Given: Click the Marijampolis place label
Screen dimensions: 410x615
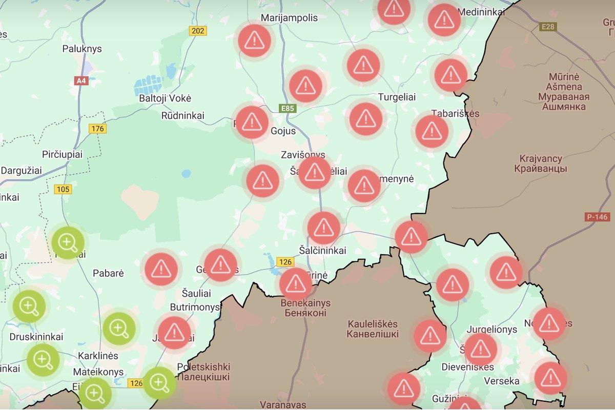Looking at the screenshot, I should click(x=290, y=18).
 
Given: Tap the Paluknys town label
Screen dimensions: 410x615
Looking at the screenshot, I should click(x=82, y=49).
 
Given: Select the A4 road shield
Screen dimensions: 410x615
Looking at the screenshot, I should click(x=81, y=80).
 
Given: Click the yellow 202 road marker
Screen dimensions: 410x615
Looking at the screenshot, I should click(x=197, y=31).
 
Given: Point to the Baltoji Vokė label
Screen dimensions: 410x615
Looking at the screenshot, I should click(x=165, y=98).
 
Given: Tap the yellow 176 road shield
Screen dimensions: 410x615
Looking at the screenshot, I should click(x=97, y=128).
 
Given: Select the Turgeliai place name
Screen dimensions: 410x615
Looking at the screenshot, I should click(x=397, y=97).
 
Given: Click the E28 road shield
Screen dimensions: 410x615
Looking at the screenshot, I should click(x=548, y=26).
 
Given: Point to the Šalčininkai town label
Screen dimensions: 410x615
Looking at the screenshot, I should click(x=322, y=251).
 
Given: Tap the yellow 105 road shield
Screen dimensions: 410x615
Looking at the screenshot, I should click(x=63, y=189).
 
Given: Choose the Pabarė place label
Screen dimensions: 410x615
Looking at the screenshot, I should click(x=108, y=273).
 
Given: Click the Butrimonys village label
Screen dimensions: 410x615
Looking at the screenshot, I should click(x=194, y=307).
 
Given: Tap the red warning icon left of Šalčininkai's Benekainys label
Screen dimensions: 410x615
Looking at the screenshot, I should click(x=296, y=283).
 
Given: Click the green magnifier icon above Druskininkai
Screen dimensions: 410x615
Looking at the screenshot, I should click(x=29, y=306).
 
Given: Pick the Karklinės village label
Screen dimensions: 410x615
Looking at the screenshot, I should click(x=98, y=355).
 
